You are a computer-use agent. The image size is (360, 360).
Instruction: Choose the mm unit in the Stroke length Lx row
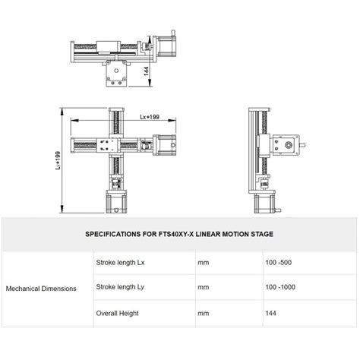(203, 264)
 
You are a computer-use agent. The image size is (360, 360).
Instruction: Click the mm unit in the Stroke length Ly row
(203, 289)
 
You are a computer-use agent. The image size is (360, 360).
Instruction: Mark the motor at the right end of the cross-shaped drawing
(165, 145)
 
